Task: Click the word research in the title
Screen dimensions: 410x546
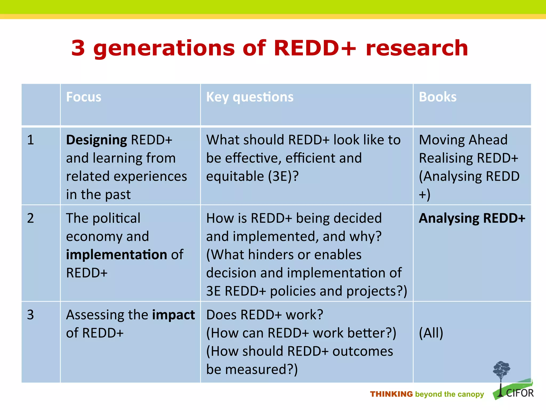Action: (417, 48)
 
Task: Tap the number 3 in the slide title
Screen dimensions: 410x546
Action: (78, 48)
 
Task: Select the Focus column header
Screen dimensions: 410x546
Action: (84, 97)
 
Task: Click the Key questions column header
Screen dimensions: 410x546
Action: (250, 97)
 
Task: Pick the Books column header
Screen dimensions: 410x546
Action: (437, 97)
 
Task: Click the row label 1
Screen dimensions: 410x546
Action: (31, 140)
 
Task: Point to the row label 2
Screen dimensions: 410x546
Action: (31, 218)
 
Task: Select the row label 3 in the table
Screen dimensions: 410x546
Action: (31, 315)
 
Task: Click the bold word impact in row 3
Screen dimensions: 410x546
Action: (173, 315)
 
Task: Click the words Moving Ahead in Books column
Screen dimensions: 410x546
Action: (463, 140)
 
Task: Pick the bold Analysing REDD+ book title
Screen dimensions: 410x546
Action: (472, 218)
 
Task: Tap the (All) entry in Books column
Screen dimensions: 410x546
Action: (431, 333)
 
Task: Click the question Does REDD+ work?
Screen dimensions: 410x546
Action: (265, 315)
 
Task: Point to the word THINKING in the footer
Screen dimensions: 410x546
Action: (391, 394)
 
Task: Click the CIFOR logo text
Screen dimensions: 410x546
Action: (520, 393)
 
